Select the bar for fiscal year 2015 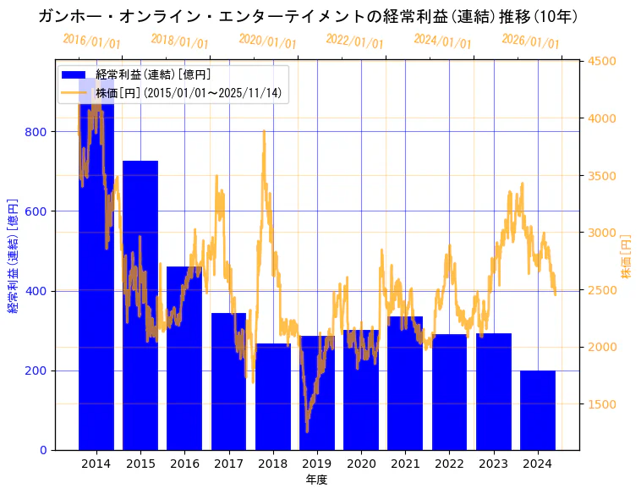point(140,305)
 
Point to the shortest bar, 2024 point(538,410)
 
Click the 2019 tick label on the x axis point(317,464)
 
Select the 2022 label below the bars point(449,464)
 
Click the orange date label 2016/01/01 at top point(91,41)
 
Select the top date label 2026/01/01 point(530,41)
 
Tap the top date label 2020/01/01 point(267,41)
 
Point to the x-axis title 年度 point(316,480)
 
